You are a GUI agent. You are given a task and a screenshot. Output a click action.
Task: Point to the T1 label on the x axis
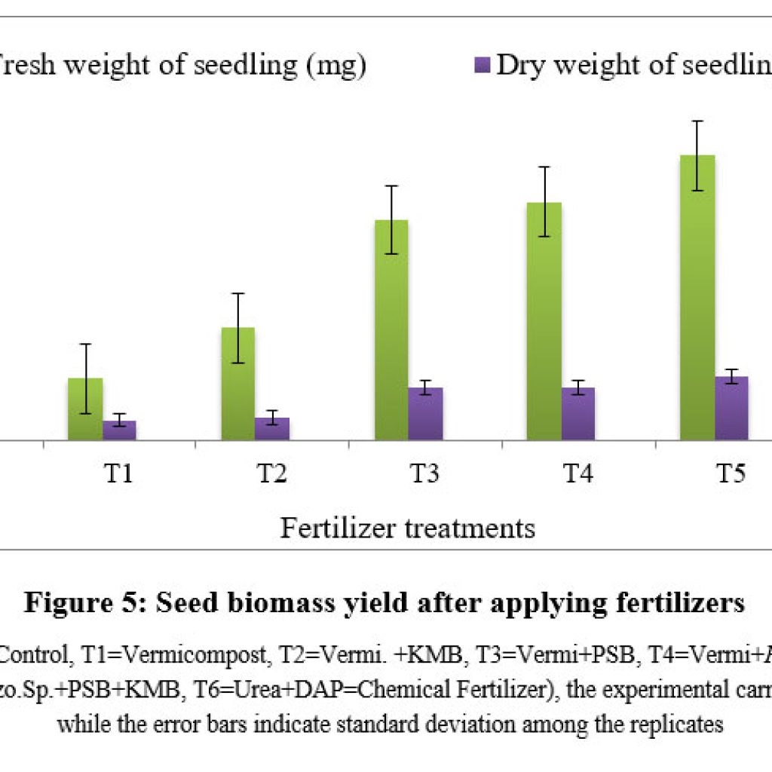pos(119,474)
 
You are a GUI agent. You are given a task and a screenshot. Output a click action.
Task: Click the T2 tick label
pos(272,474)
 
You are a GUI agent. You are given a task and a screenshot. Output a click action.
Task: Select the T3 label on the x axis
pos(425,474)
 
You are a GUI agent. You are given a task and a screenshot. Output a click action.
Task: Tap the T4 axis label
pos(578,474)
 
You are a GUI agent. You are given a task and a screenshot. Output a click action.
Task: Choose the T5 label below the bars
pos(731,474)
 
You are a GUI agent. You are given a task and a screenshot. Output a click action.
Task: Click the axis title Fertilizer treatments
pos(408,528)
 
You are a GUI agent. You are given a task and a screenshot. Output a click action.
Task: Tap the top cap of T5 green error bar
pos(698,121)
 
